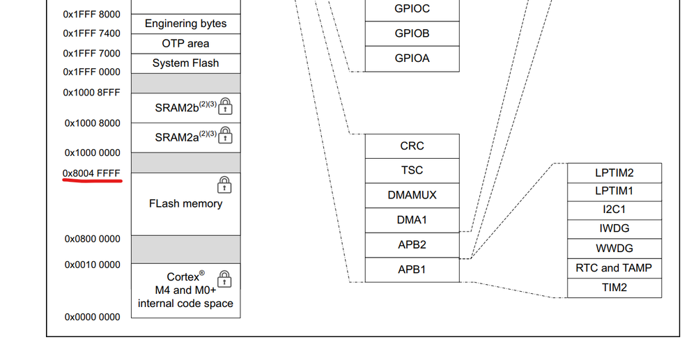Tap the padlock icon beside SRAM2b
pos(225,107)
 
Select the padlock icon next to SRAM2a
pos(225,136)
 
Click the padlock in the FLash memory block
pos(224,185)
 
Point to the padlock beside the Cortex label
pos(224,279)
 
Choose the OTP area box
pos(186,43)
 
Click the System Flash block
pos(186,63)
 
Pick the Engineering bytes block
pos(186,24)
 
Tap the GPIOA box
pos(412,58)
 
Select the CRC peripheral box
pos(412,146)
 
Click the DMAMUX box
pos(412,195)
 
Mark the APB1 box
pos(412,269)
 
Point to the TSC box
pos(412,171)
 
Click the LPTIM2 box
pos(614,173)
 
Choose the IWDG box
pos(614,230)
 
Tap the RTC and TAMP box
pos(614,268)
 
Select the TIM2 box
pos(614,287)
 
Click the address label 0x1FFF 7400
pos(91,33)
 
